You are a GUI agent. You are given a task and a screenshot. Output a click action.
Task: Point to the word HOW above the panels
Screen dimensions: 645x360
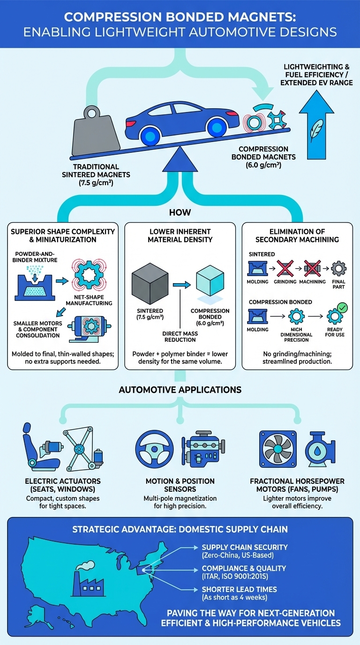click(x=180, y=212)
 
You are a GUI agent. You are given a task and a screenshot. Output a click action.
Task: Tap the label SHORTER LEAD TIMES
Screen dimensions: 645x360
click(x=239, y=589)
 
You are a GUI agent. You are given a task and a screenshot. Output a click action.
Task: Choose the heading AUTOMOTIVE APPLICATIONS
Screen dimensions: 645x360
click(x=180, y=390)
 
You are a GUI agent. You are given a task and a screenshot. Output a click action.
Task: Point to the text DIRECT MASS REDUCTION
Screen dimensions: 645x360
click(x=181, y=337)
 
